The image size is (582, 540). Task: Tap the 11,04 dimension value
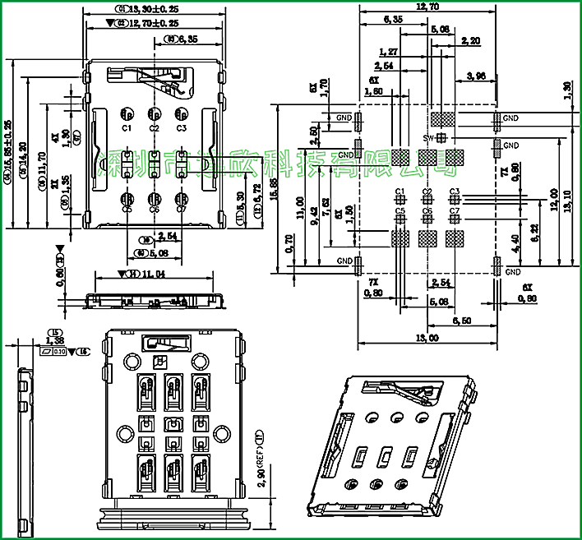(x=151, y=274)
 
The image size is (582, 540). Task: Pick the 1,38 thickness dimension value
(x=55, y=340)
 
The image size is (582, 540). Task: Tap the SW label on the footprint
(x=427, y=137)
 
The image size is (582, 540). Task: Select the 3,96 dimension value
(x=476, y=76)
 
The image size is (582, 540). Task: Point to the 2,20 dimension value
(x=471, y=40)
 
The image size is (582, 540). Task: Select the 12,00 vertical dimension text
(x=555, y=200)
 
